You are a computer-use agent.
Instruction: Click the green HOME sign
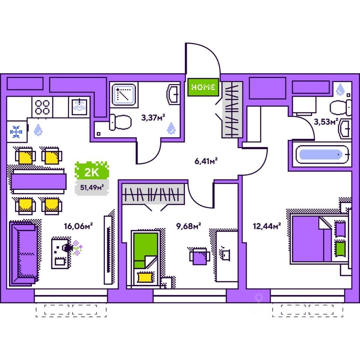pos(203,87)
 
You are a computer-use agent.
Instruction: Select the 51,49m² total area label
pos(90,186)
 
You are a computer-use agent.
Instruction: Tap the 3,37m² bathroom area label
pos(153,118)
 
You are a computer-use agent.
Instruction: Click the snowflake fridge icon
pos(16,131)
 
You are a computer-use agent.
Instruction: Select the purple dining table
pos(37,181)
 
